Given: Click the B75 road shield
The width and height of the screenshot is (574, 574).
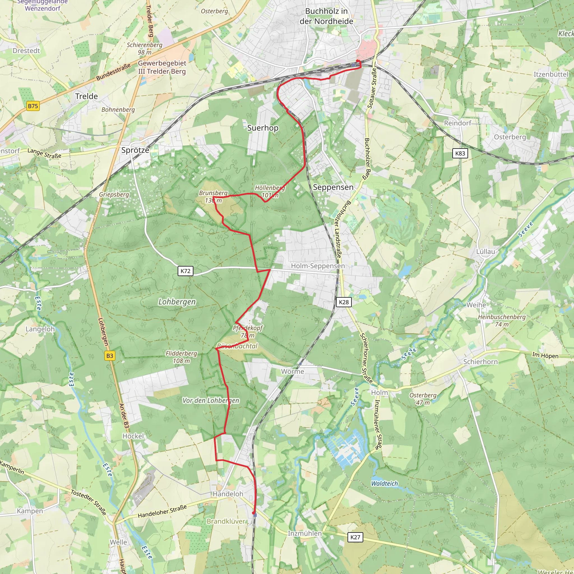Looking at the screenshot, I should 33,106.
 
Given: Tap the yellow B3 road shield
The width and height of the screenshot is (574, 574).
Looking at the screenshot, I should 110,356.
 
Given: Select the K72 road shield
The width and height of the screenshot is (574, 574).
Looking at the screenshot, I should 185,271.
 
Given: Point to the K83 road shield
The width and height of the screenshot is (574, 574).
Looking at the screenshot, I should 460,153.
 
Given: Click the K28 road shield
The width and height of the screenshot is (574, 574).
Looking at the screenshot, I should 344,302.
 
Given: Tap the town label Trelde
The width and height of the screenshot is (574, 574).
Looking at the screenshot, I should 86,96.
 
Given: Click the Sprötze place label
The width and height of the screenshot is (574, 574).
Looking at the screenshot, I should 135,150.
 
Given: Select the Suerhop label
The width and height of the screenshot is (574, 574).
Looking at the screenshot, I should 263,128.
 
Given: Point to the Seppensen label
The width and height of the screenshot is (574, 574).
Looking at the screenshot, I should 333,187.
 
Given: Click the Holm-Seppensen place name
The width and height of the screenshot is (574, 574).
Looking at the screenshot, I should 318,266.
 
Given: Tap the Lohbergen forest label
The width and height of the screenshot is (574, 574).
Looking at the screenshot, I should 177,302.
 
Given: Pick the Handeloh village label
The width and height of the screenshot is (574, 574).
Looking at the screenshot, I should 228,494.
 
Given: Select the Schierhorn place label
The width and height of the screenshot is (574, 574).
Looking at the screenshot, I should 480,362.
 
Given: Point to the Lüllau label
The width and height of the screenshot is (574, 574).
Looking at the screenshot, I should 485,251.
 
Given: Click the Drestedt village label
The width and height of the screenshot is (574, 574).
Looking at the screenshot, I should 26,50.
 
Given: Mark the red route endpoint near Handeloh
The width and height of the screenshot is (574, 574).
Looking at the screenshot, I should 253,513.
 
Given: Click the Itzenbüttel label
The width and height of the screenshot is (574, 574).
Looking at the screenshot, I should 551,74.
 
